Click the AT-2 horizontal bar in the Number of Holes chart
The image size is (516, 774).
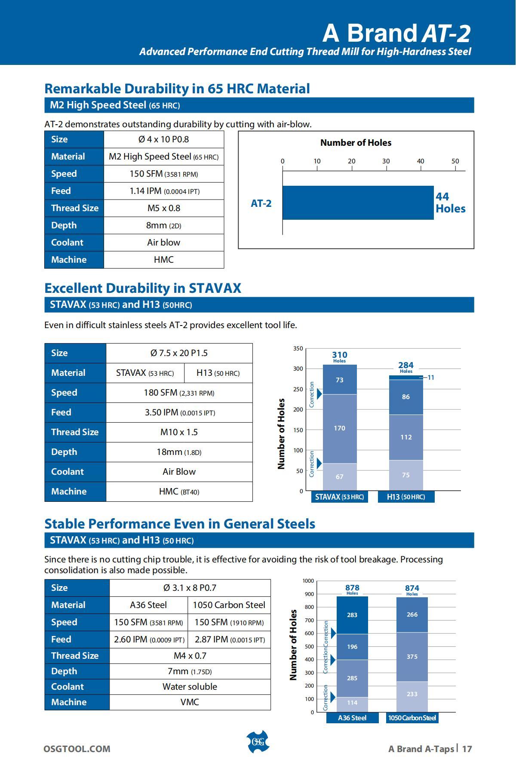(358, 203)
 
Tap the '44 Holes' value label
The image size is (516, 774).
(450, 203)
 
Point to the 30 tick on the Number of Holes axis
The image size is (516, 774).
(386, 161)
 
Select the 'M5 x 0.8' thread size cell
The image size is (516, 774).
(164, 208)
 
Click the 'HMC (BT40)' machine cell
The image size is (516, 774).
(179, 491)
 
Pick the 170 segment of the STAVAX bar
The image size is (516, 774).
(340, 428)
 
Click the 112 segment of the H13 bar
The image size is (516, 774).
(406, 437)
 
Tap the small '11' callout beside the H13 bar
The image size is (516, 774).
(431, 378)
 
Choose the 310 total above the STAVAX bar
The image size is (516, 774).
(340, 355)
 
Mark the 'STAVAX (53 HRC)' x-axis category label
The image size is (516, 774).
(340, 497)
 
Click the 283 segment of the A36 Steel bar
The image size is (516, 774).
(352, 615)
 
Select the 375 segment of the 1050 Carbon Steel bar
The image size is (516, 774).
(412, 657)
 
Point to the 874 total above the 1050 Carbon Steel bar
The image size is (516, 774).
(412, 588)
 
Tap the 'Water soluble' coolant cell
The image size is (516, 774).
(190, 687)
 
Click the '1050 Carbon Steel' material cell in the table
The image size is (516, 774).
(229, 605)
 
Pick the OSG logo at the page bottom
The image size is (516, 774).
(258, 742)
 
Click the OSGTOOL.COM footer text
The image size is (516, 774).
(77, 749)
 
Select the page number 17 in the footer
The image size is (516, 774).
(467, 749)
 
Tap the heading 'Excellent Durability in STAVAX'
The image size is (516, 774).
(143, 288)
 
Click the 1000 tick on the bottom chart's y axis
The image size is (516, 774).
(308, 581)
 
